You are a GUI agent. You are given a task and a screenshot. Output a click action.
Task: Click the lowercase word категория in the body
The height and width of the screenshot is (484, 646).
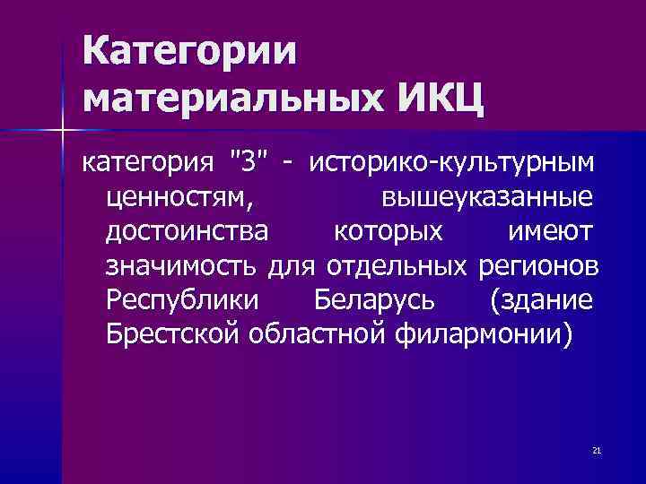148,164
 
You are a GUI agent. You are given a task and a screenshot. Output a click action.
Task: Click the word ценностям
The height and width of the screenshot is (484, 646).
180,198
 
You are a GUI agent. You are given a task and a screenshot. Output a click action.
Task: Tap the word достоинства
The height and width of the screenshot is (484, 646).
187,232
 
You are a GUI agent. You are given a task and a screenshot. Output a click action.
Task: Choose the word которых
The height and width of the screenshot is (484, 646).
388,232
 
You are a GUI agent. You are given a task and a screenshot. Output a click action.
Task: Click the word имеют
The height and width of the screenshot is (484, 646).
550,232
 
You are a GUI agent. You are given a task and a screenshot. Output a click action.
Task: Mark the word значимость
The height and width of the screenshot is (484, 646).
182,266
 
